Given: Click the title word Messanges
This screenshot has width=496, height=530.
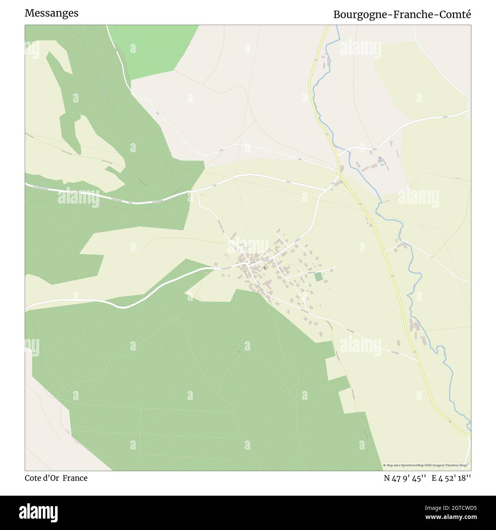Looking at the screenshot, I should [52, 13].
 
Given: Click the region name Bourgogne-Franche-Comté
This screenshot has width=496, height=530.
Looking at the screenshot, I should [402, 14].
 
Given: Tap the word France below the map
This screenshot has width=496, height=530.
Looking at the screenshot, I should [75, 478].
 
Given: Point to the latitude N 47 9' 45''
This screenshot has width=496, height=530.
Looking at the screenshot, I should [406, 478].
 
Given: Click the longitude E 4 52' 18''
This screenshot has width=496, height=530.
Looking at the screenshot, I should [451, 478].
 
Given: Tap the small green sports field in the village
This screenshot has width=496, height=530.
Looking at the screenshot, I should [318, 277].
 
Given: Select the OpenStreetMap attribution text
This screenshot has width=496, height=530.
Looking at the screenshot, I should [427, 465].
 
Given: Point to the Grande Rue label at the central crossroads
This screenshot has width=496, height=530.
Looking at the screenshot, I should [253, 263].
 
